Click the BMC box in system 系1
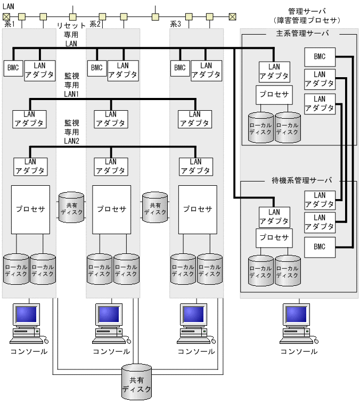(12, 68)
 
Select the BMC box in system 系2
(96, 68)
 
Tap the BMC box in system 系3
(180, 68)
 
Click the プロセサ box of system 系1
(30, 209)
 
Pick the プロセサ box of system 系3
(198, 209)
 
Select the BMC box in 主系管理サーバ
(320, 56)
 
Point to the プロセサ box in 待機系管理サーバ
(274, 237)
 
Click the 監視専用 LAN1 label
(71, 85)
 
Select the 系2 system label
(95, 24)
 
